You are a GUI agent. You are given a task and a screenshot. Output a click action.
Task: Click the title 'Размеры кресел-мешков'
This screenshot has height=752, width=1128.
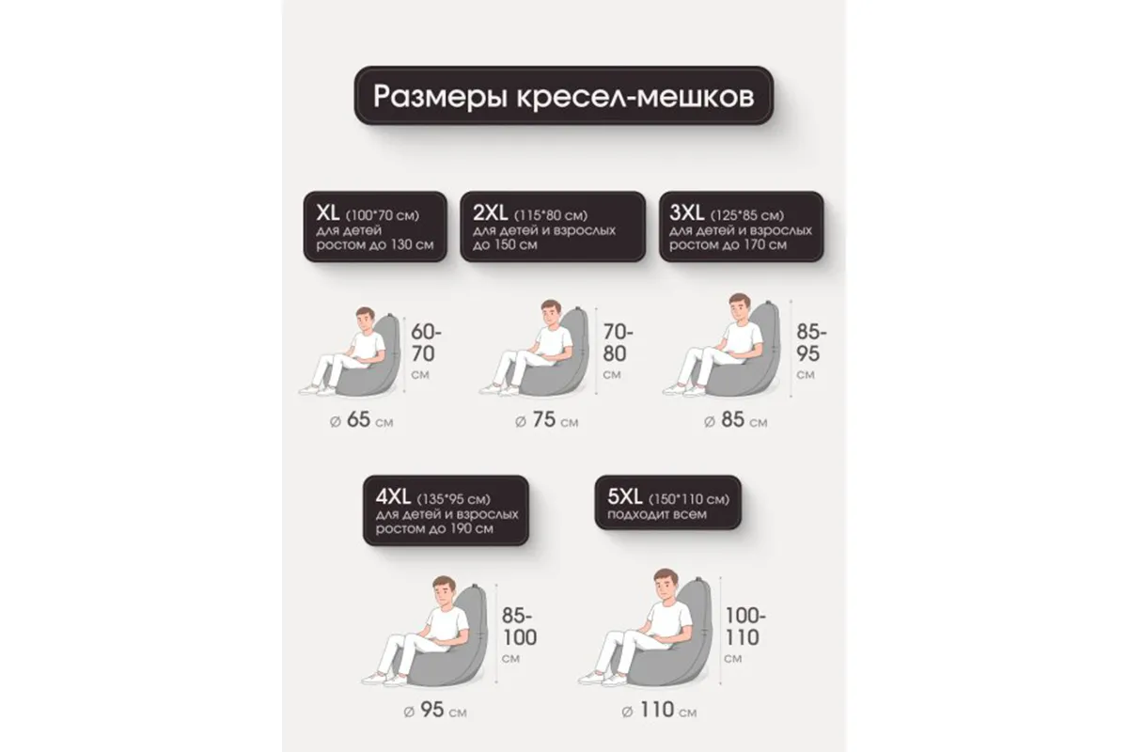(x=562, y=97)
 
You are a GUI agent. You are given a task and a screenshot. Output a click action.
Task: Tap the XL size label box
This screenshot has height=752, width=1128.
(x=374, y=228)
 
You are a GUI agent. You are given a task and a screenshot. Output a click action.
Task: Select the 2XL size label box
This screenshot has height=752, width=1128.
(x=552, y=228)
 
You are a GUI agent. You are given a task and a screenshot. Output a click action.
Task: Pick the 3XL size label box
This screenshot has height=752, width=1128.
(x=741, y=228)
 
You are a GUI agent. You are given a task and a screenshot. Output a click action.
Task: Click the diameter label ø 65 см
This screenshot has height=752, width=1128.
(x=363, y=420)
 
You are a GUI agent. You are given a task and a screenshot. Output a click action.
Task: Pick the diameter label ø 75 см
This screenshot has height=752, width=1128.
(x=548, y=420)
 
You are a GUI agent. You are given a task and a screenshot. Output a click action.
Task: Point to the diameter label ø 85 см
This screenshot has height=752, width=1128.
(x=736, y=420)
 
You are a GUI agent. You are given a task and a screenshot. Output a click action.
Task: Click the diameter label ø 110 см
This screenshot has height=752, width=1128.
(x=659, y=710)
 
